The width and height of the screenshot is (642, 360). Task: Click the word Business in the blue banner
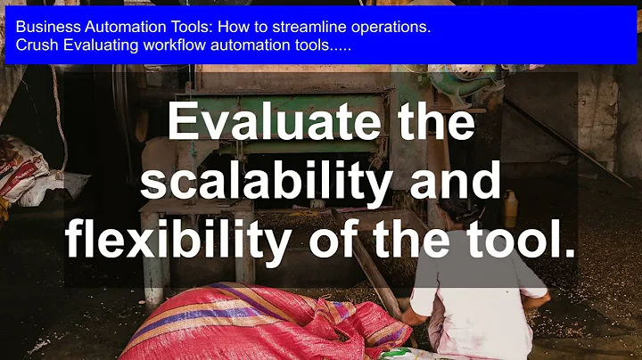pyautogui.click(x=44, y=27)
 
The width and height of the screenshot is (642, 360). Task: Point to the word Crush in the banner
pyautogui.click(x=34, y=45)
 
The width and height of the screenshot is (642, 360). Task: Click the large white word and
pyautogui.click(x=450, y=183)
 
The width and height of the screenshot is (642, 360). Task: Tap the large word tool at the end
pyautogui.click(x=523, y=241)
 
